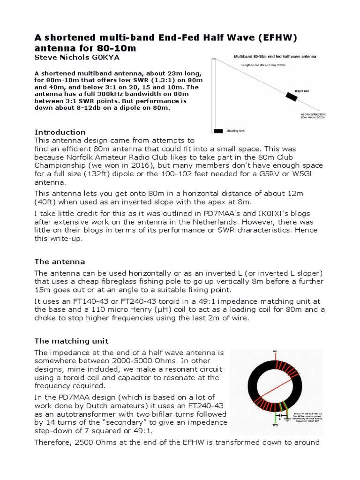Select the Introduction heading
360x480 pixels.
(x=60, y=132)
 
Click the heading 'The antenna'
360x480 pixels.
(x=60, y=261)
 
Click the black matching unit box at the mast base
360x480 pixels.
(x=217, y=131)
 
